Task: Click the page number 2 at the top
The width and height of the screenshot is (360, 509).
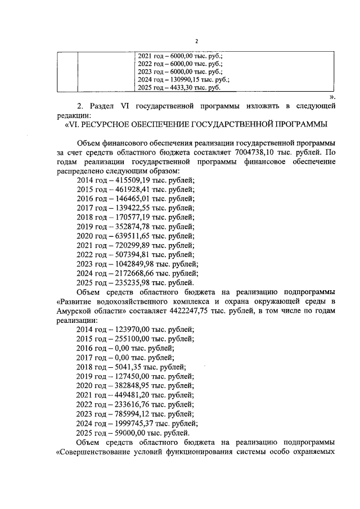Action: (197, 40)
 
